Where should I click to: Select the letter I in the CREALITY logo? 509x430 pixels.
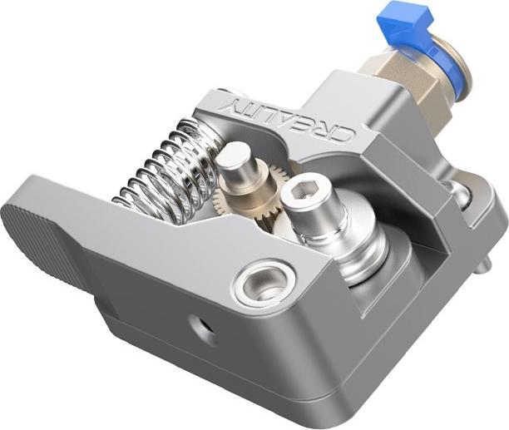pyautogui.click(x=259, y=109)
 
